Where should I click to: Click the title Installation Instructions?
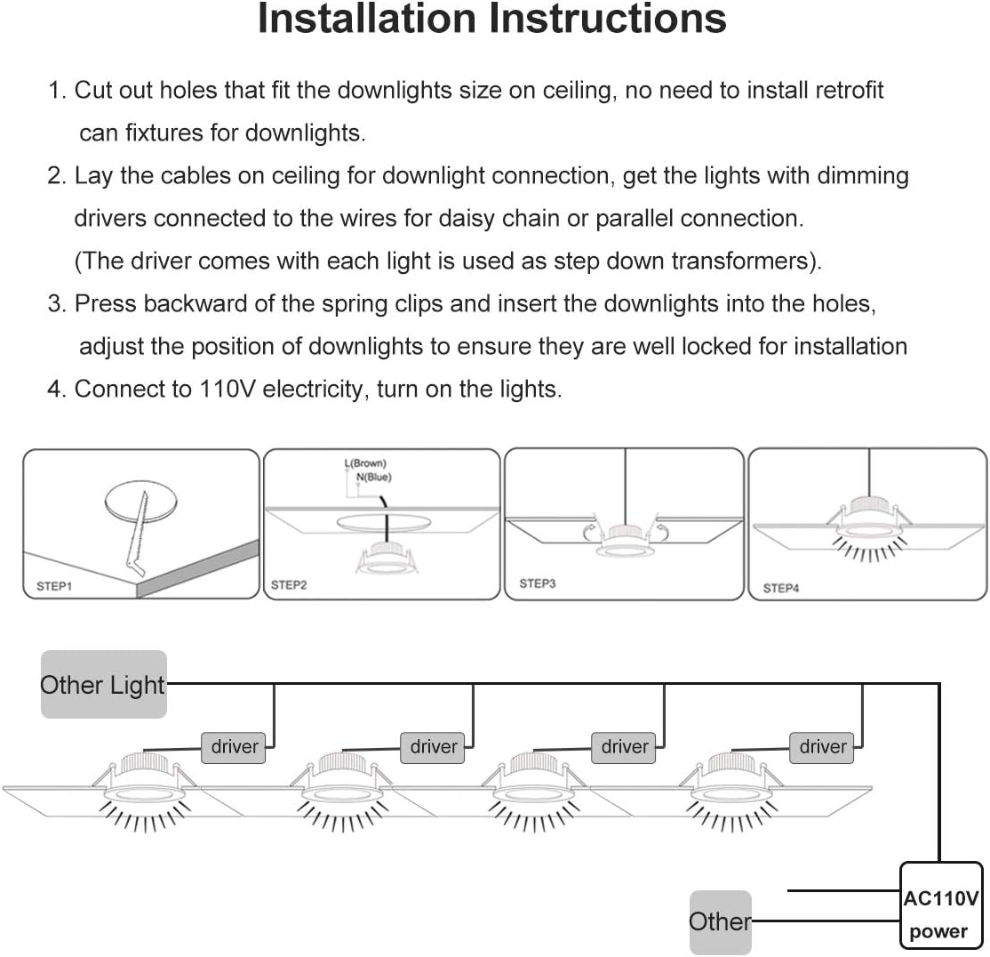coord(491,20)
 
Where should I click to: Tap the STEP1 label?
coord(55,586)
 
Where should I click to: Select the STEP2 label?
coord(289,585)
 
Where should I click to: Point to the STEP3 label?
coord(537,583)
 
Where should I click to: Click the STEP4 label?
coord(781,588)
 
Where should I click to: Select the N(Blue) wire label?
coord(373,477)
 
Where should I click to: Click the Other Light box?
coord(103,685)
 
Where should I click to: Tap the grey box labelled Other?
coord(720,922)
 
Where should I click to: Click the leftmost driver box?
coord(235,747)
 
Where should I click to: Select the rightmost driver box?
coord(822,747)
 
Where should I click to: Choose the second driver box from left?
coord(434,747)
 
